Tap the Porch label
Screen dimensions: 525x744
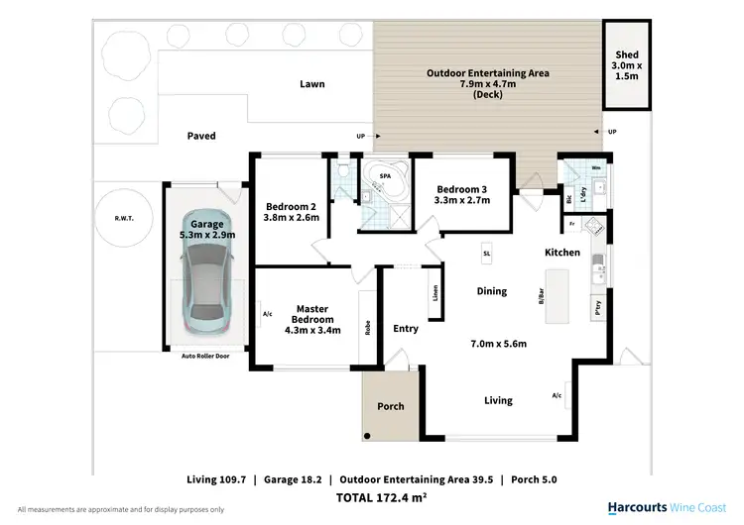click(x=391, y=406)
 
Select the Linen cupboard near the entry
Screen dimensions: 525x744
click(x=435, y=293)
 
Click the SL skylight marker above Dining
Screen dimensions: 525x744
click(x=487, y=253)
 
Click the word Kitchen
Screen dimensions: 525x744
click(x=562, y=253)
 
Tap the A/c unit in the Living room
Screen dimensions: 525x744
click(x=558, y=394)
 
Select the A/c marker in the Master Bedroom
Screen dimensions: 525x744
click(x=267, y=315)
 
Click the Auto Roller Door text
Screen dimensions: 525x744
click(x=205, y=355)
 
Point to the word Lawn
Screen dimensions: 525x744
click(x=312, y=84)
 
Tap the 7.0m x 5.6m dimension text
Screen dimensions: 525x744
click(x=498, y=344)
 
